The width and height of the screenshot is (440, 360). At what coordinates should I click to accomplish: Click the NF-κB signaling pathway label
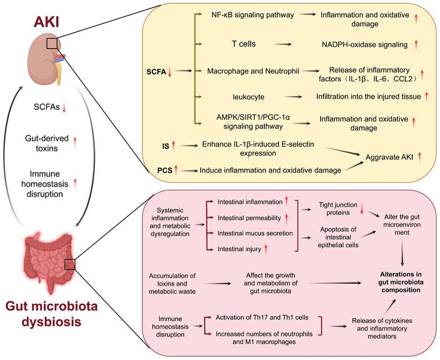pos(252,15)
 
